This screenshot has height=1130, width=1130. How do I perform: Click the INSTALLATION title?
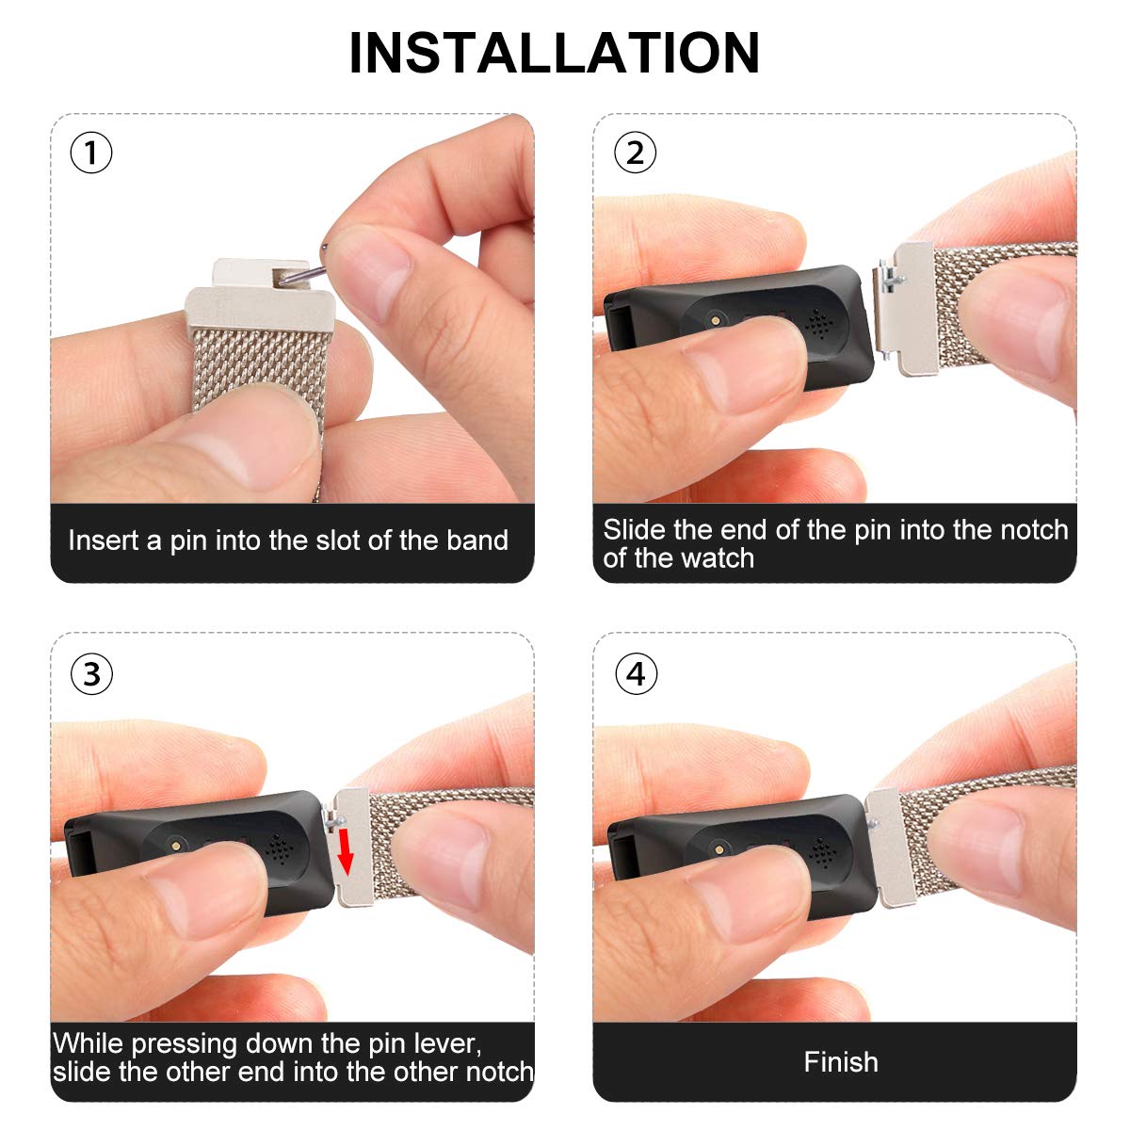(554, 54)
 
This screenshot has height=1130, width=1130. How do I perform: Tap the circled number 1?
(91, 153)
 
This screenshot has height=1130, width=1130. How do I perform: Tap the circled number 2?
(636, 153)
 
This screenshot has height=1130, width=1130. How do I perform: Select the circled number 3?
(91, 674)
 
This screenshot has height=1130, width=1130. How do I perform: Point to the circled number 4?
(636, 674)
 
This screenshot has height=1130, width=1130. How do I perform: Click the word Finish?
(840, 1062)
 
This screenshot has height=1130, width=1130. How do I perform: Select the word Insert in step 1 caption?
(105, 541)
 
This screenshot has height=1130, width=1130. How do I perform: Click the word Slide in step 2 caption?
(634, 530)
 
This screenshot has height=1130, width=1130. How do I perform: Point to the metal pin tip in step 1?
(325, 247)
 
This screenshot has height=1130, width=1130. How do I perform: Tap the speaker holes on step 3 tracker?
(277, 849)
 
